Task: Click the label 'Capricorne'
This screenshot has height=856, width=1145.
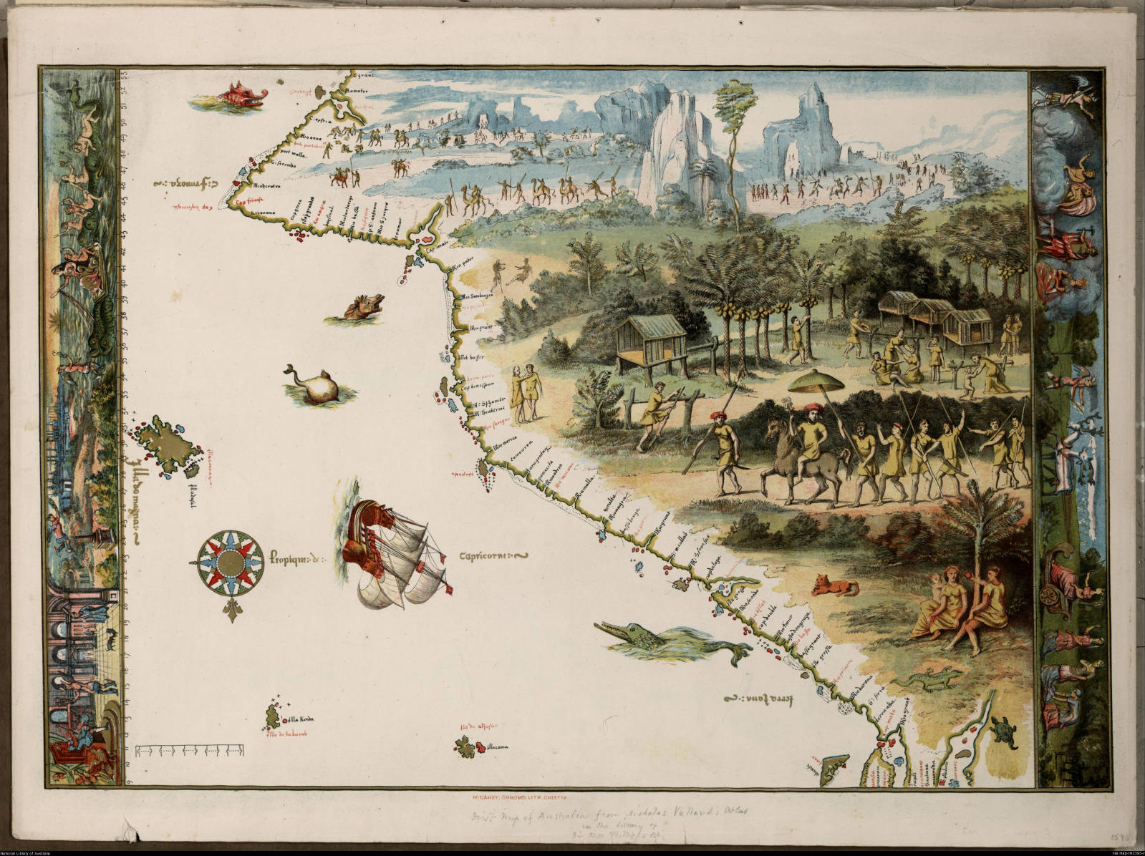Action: [x=491, y=556]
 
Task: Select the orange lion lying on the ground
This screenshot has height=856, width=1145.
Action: [x=834, y=587]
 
